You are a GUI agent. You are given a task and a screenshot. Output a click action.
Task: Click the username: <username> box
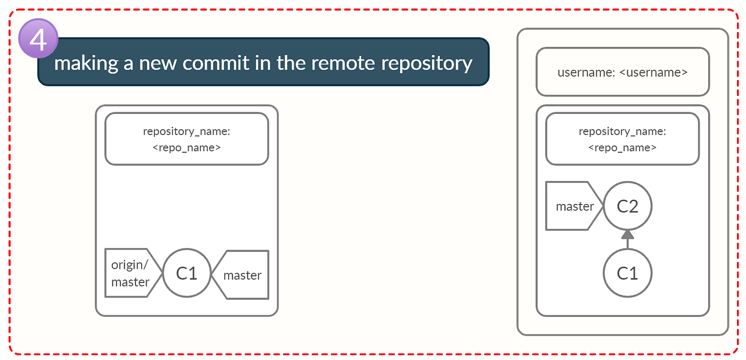pos(622,72)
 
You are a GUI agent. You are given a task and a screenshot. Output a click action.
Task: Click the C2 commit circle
pos(627,206)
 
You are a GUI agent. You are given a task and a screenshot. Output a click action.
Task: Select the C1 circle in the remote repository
pos(627,273)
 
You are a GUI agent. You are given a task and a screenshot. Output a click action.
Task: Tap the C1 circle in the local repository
pos(186,273)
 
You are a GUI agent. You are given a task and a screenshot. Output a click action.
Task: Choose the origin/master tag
pos(131,273)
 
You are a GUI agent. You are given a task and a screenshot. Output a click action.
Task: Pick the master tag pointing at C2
pos(573,206)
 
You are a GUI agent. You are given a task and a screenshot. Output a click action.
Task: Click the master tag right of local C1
pos(242,275)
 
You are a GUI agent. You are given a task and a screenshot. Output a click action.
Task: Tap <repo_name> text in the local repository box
pos(186,148)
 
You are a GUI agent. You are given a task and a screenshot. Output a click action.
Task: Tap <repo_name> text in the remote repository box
pos(622,148)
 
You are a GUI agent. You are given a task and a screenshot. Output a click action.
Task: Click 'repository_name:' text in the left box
pos(186,131)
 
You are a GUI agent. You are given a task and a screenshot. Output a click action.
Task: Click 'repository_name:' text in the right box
pos(622,131)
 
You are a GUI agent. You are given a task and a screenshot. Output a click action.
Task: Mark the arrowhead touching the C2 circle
pos(627,234)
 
